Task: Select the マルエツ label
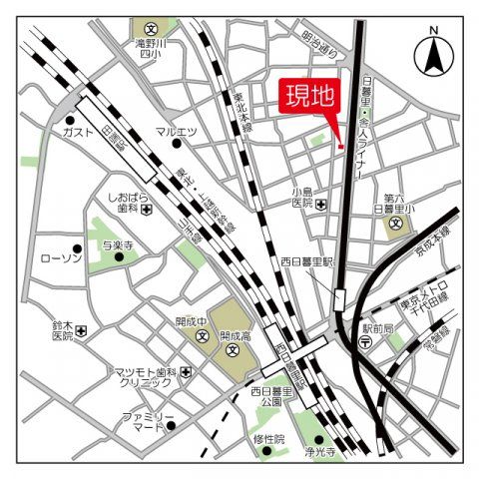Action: [176, 132]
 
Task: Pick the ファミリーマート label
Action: [148, 420]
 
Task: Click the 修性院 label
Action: [268, 438]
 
